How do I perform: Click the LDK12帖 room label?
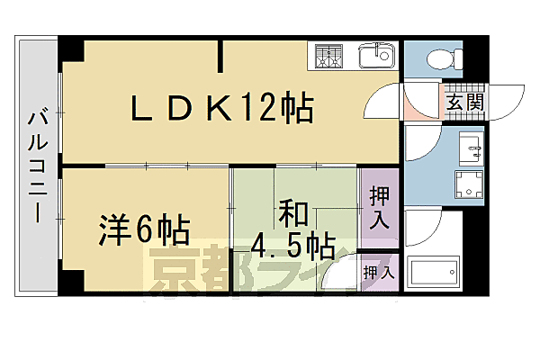222,110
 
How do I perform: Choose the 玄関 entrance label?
464,103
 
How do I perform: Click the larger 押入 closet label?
381,208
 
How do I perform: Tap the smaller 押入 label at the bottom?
378,271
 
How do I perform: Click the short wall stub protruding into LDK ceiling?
221,56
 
